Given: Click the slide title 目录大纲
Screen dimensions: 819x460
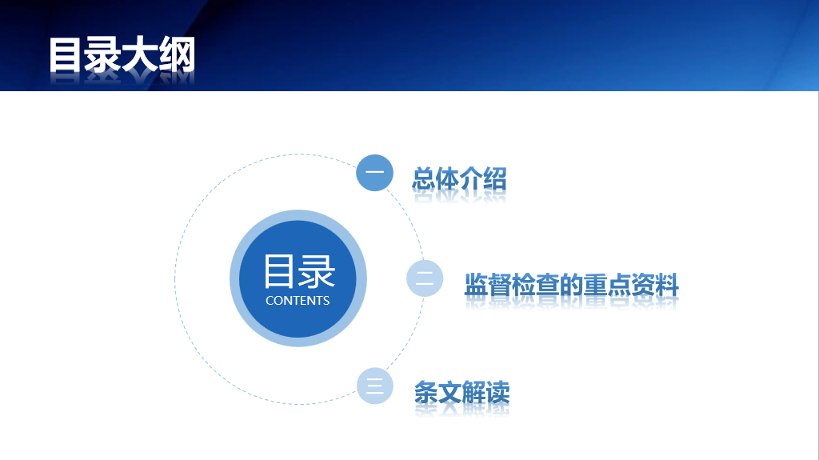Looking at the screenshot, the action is [122, 54].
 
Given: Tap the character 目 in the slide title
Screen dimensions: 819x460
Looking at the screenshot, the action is [65, 54].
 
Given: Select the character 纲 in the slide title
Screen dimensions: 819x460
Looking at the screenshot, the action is [178, 54].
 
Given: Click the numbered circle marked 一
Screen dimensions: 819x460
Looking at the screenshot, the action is [374, 173].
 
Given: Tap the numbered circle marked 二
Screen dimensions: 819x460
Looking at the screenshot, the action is [425, 278].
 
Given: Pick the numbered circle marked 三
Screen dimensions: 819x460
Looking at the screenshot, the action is [374, 386].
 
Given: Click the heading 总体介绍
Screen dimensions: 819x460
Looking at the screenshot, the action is [460, 178].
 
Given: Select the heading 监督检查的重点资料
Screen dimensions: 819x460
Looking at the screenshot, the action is [571, 285].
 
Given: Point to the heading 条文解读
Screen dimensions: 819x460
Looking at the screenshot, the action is [461, 392].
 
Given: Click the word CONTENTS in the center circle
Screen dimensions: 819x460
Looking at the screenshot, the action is [298, 301].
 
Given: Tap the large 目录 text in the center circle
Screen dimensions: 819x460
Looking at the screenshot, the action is [299, 271].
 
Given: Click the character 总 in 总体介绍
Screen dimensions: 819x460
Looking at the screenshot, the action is [424, 178].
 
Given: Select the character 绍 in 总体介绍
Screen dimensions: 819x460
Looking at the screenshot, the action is [495, 178].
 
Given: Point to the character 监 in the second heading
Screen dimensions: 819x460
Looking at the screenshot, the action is [476, 285].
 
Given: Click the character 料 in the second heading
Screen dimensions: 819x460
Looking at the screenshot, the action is [667, 285].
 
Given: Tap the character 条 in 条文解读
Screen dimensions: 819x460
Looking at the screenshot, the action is [426, 392].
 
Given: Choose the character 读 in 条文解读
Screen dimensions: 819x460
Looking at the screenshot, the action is [497, 392].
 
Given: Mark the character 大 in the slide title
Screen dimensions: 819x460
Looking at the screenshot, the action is [140, 54].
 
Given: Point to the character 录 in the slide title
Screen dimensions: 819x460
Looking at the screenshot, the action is [102, 54].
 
